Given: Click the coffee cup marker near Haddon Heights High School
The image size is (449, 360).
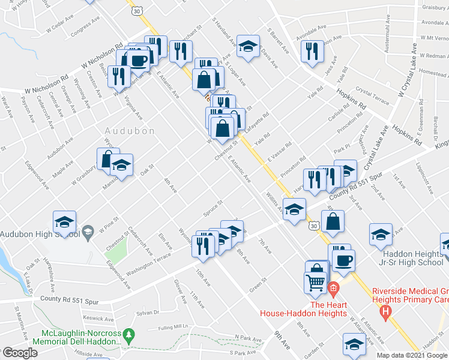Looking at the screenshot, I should tap(343, 261).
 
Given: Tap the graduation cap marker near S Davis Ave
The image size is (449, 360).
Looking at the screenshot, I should tap(248, 46).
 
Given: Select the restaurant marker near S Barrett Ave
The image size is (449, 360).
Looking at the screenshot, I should tap(312, 51).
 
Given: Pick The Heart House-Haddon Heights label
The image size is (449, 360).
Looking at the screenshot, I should tap(303, 308).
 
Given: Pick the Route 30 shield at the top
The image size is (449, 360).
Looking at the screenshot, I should tap(138, 11).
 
